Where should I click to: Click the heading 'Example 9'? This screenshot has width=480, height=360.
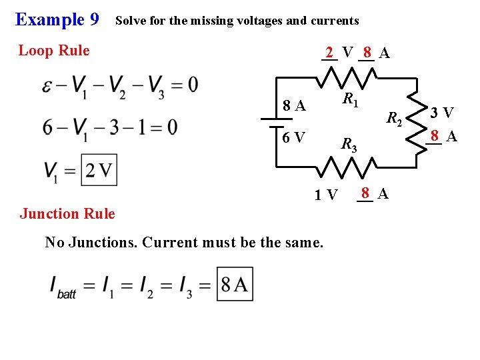coord(57,19)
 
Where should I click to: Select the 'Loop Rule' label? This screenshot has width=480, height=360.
coord(54,51)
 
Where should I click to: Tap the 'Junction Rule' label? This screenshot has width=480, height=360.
coord(67,213)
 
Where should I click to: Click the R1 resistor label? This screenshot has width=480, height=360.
coord(351,101)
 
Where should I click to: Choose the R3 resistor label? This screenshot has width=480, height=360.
coord(349,144)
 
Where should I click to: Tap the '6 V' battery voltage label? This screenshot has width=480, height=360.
coord(293,138)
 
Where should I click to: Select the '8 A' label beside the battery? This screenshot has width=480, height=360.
coord(294,105)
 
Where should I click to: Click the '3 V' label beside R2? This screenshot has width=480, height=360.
coord(441,112)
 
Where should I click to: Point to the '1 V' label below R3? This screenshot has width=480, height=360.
coord(327,195)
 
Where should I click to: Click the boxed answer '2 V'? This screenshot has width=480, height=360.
coord(99,170)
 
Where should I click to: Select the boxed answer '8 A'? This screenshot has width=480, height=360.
coord(235,285)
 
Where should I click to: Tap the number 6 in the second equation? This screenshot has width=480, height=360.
coord(47,127)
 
